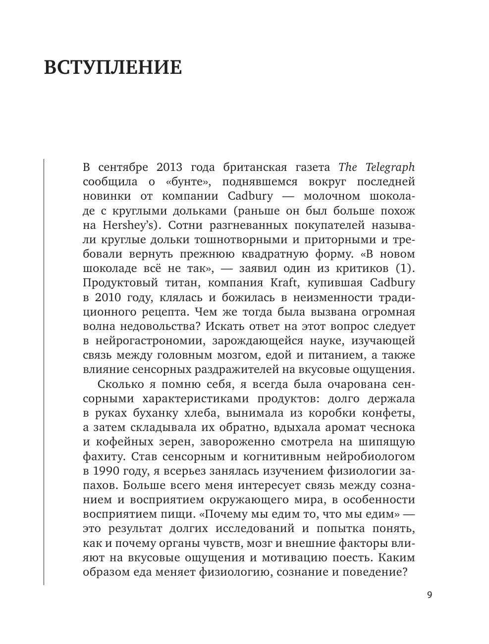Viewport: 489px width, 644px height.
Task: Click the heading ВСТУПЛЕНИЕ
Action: (x=113, y=67)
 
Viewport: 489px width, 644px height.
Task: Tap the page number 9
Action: (x=429, y=595)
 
